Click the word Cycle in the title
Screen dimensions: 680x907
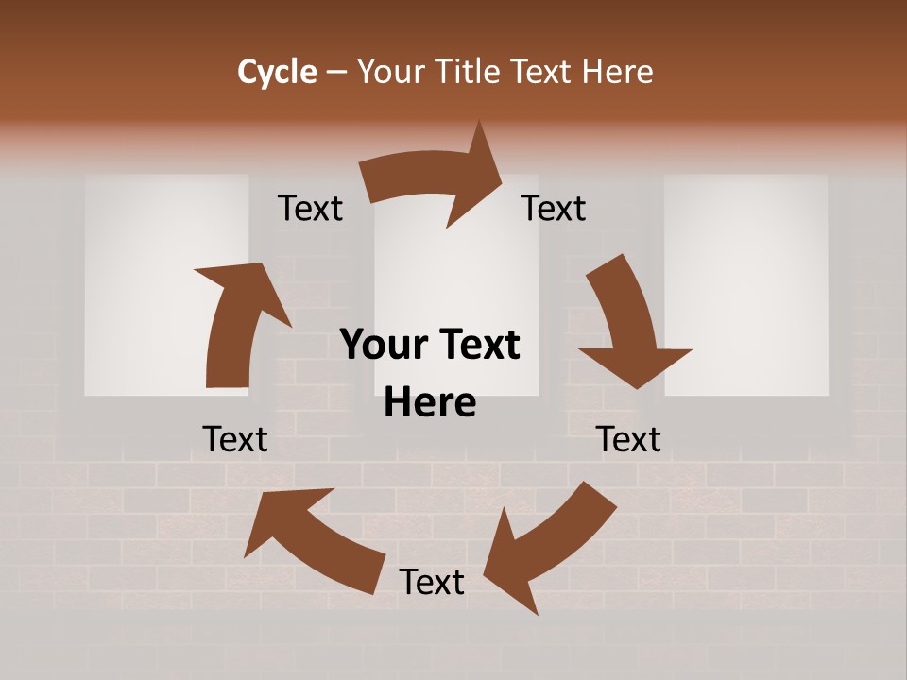point(277,72)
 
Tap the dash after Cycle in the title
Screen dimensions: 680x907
point(336,73)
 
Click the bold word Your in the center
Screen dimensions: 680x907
point(384,346)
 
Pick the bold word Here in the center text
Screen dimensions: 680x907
point(430,403)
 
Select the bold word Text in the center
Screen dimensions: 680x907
point(477,346)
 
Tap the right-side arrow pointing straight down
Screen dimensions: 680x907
point(629,321)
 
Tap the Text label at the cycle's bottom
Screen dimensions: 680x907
point(432,583)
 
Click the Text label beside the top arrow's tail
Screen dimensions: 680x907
point(310,209)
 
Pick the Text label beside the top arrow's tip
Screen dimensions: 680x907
point(554,209)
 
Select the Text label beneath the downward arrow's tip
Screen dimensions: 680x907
point(628,439)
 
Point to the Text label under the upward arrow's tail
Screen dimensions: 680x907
point(235,439)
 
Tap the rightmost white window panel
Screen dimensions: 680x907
point(746,283)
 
